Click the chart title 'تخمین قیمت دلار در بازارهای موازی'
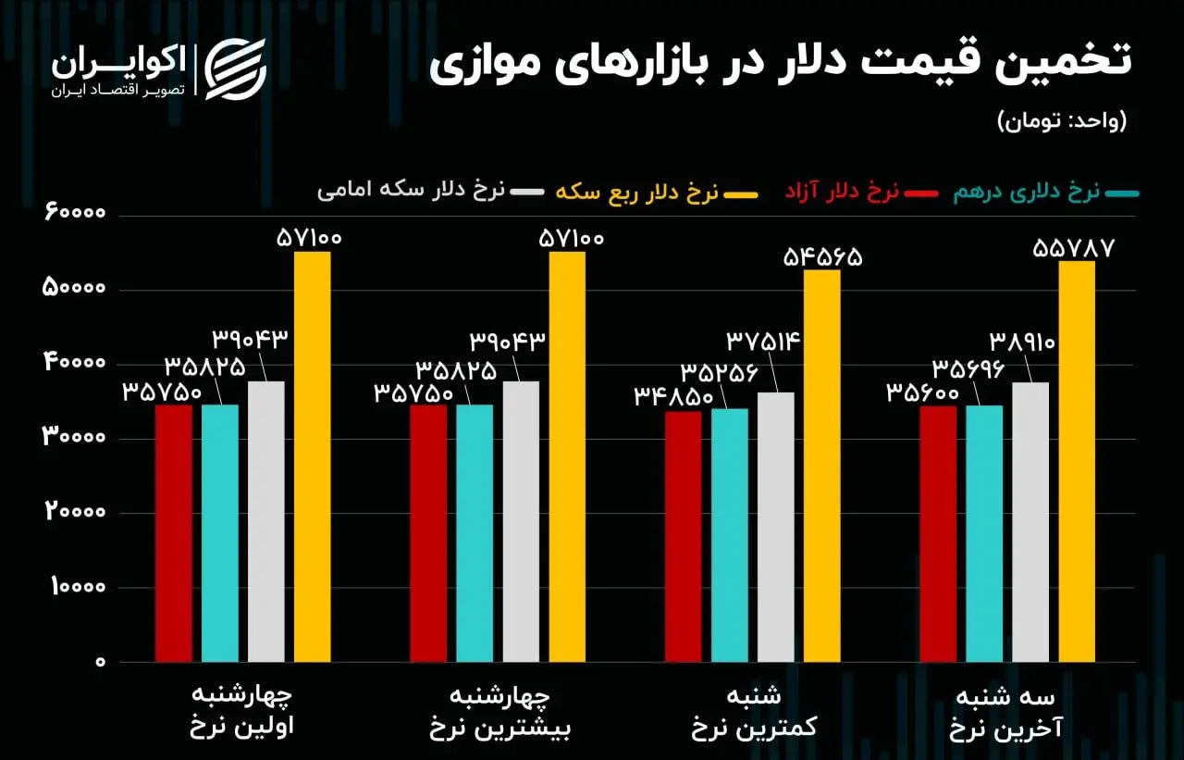(780, 63)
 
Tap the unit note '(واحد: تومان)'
(1063, 121)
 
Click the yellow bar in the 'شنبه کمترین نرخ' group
(821, 466)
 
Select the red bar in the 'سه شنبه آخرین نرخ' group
(938, 534)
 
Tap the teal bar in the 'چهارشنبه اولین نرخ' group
(220, 533)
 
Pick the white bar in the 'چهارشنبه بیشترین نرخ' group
(521, 522)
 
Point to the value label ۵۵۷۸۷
(1077, 248)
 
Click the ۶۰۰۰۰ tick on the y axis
(75, 215)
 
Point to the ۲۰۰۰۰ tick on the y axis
(75, 513)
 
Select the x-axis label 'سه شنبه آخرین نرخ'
(1008, 712)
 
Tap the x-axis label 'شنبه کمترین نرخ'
(754, 712)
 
